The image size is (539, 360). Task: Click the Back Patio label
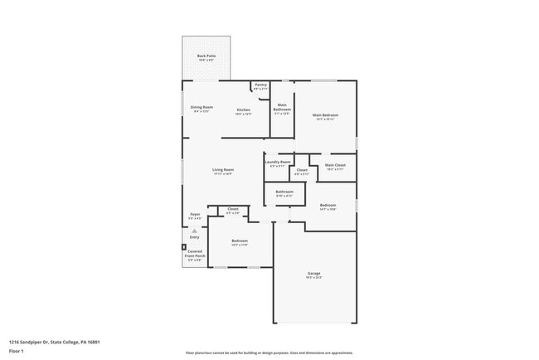point(206,57)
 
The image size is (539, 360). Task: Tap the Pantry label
point(260,85)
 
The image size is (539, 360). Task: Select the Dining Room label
point(202,108)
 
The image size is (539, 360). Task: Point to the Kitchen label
point(243,111)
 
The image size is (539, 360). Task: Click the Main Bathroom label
point(283,108)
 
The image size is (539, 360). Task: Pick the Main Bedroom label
point(325,116)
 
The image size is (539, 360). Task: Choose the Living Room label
point(223,171)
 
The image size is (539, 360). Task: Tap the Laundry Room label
point(279,163)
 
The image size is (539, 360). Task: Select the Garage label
point(313,274)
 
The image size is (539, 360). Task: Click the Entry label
point(194,237)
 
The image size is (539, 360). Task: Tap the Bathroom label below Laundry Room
point(284,193)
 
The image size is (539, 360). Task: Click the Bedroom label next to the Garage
point(240,242)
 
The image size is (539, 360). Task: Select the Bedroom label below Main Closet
point(328,207)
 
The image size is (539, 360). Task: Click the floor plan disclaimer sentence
point(269,353)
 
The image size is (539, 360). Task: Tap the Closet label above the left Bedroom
point(233,211)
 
